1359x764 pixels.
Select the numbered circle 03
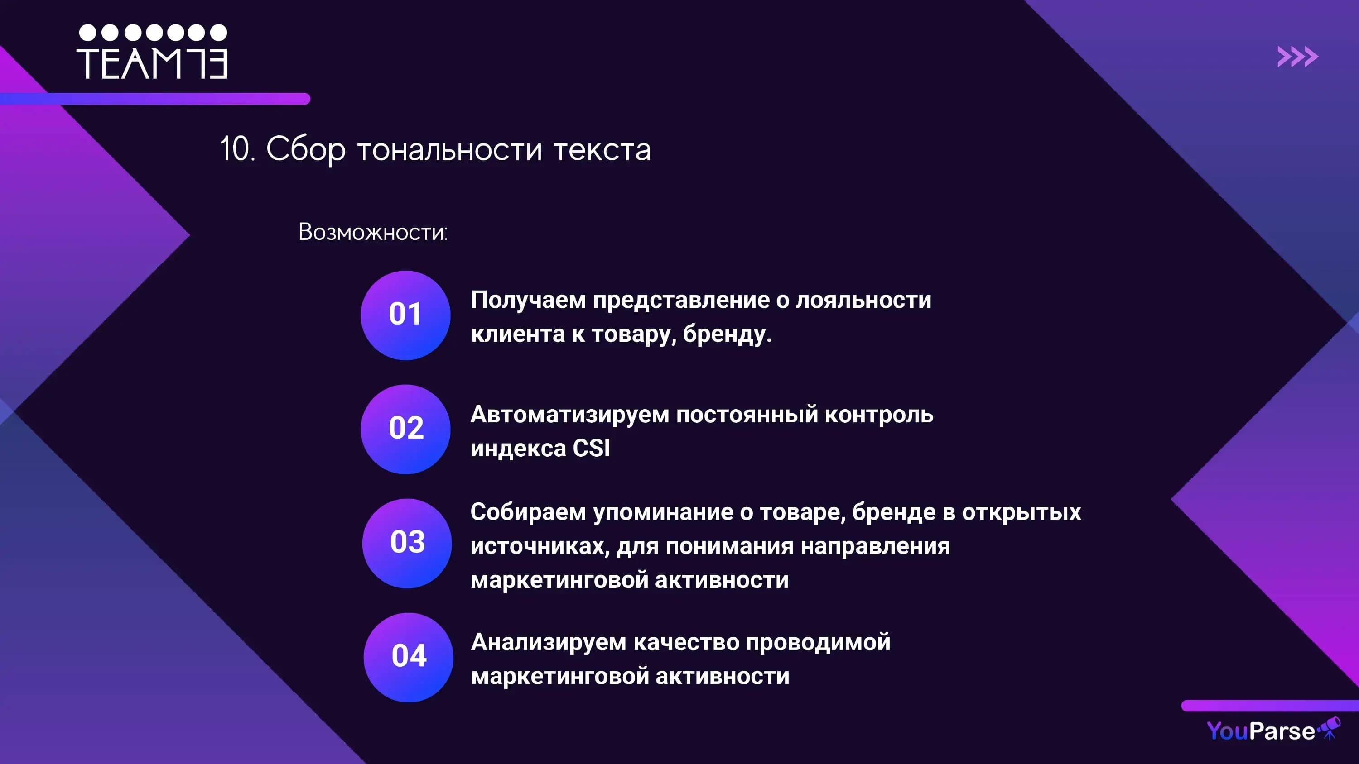point(407,543)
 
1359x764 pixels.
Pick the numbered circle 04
point(408,657)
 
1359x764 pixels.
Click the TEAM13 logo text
point(152,64)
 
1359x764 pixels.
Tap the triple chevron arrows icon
point(1297,57)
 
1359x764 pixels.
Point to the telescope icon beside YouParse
point(1330,728)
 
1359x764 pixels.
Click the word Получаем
point(528,300)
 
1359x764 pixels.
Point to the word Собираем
point(528,512)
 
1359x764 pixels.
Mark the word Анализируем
point(548,642)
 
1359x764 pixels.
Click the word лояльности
point(863,300)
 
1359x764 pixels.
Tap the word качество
point(686,642)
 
